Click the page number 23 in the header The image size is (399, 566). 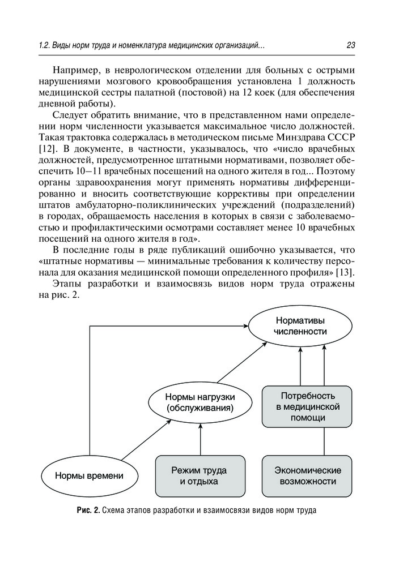coord(349,45)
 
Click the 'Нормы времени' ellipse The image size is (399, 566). coord(89,476)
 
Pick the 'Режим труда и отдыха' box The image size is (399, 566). coord(199,475)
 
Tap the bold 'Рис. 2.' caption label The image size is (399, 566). coord(88,511)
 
